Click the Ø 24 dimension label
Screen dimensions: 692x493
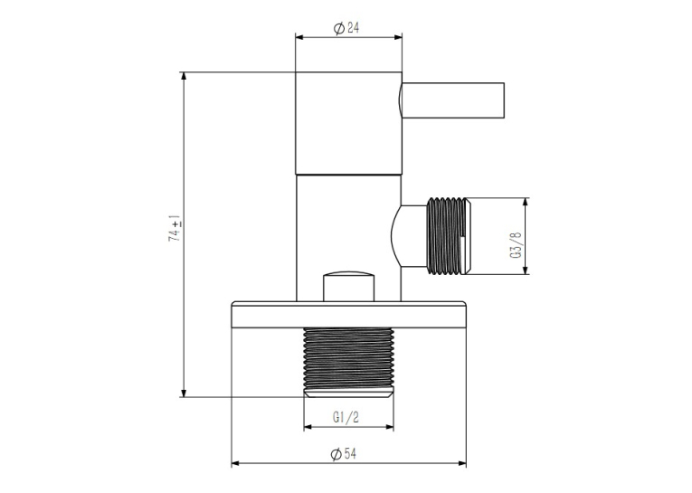pyautogui.click(x=346, y=28)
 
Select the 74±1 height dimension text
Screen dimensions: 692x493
pyautogui.click(x=175, y=228)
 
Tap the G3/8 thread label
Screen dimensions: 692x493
pyautogui.click(x=517, y=245)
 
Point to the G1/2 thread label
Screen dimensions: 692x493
pyautogui.click(x=346, y=417)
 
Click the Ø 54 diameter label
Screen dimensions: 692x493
pyautogui.click(x=344, y=453)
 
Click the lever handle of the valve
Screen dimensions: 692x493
pyautogui.click(x=451, y=100)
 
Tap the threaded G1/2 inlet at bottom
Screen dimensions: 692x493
pyautogui.click(x=348, y=363)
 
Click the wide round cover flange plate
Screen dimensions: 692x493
pyautogui.click(x=348, y=315)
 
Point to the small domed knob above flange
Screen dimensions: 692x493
pyautogui.click(x=348, y=287)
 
